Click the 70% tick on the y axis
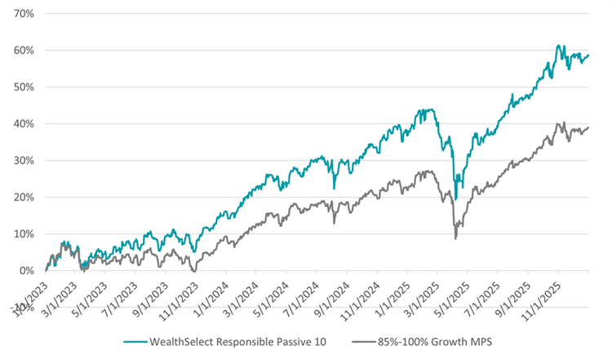click(23, 14)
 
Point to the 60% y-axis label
click(23, 51)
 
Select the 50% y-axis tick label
click(23, 87)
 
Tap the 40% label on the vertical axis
click(23, 124)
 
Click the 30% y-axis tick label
click(23, 161)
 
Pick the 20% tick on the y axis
click(23, 198)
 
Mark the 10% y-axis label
click(23, 234)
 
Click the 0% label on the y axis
click(25, 271)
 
